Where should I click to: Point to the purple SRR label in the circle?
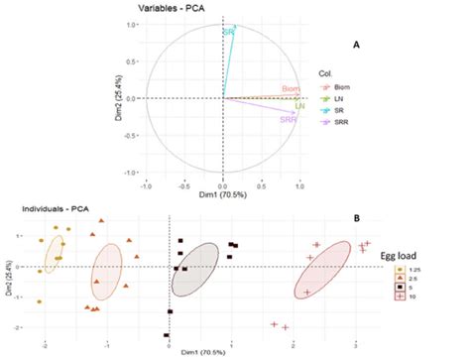(x=288, y=119)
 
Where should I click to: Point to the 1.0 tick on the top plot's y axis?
(x=132, y=25)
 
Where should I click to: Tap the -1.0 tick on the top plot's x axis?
(x=146, y=184)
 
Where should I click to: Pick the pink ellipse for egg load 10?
(x=322, y=269)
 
